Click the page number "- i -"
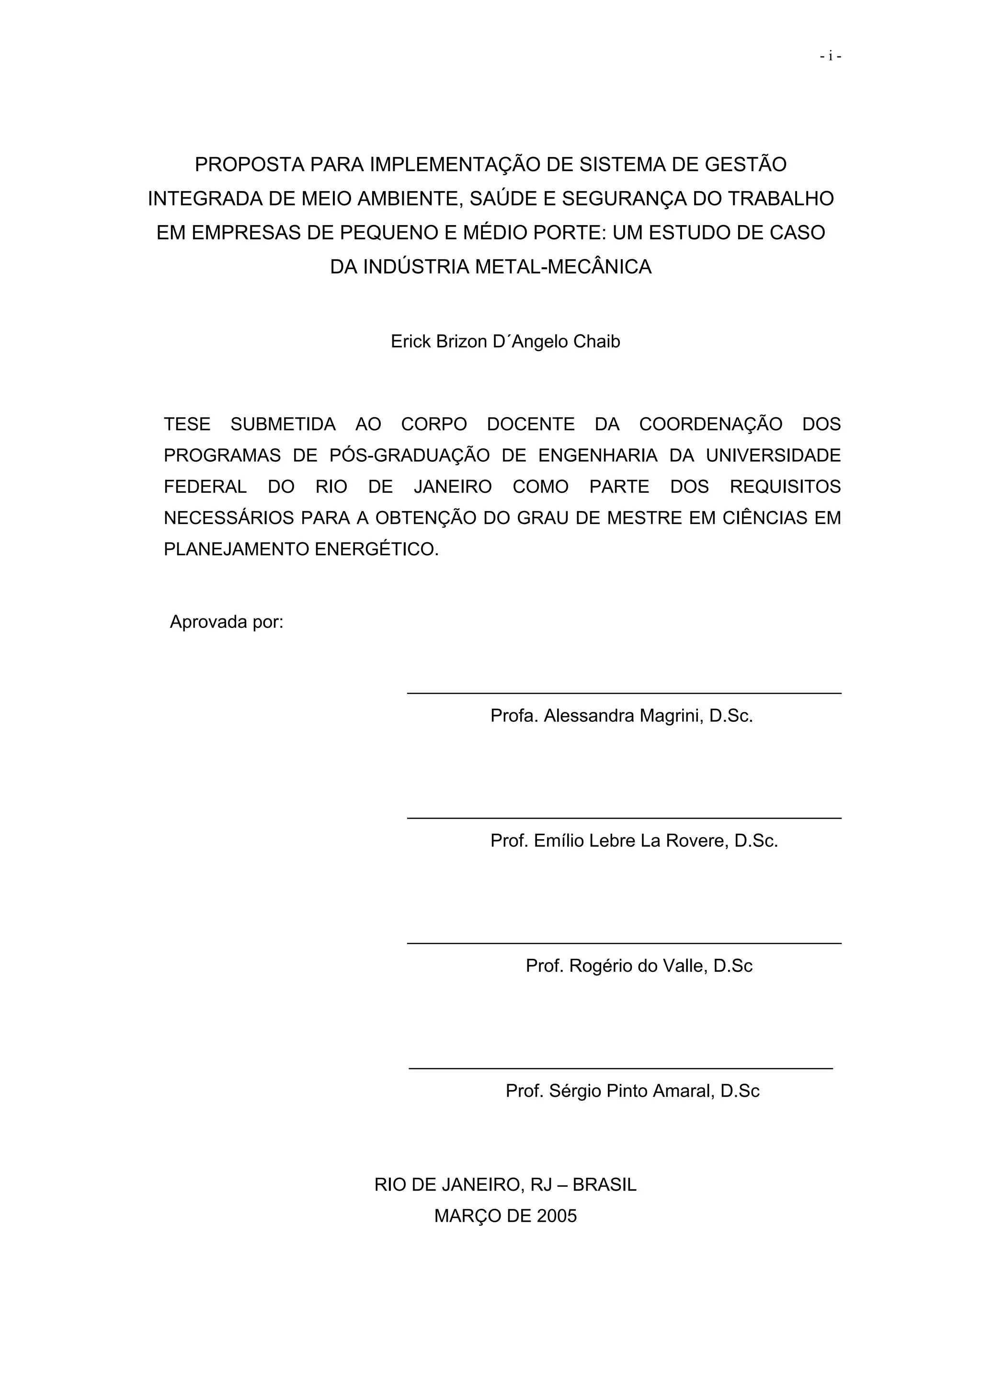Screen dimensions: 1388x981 [x=831, y=56]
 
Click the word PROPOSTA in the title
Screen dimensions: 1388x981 [x=249, y=164]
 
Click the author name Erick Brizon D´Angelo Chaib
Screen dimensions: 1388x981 [x=505, y=341]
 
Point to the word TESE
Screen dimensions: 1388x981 [x=187, y=424]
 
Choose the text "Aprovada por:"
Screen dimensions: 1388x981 [x=227, y=622]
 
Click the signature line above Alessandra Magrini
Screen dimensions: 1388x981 [x=624, y=694]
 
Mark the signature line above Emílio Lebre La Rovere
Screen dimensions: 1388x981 [x=624, y=819]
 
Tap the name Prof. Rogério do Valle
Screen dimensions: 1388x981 [x=639, y=966]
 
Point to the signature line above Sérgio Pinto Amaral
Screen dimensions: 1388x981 [x=621, y=1069]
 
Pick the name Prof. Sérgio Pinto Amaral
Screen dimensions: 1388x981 [x=632, y=1091]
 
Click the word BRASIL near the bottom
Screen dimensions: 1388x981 [x=605, y=1185]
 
